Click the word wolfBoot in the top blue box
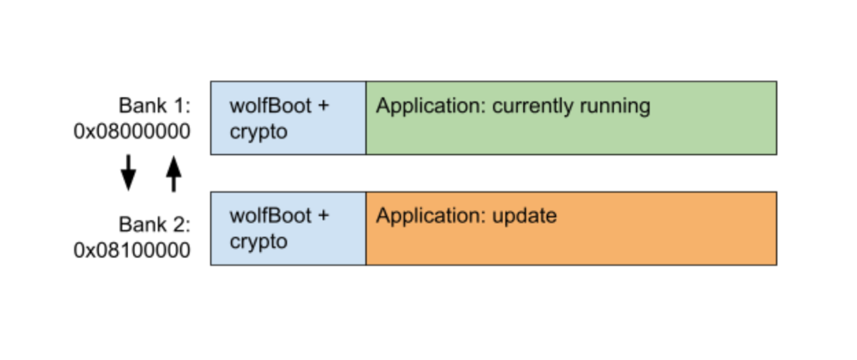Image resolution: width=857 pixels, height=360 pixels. coord(269,106)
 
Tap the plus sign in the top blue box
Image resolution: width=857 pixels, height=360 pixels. coord(323,107)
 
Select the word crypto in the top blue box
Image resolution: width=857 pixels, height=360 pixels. coord(259,132)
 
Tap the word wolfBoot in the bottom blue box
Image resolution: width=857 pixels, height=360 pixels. coord(269,216)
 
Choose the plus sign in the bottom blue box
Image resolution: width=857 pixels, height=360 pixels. coord(323,217)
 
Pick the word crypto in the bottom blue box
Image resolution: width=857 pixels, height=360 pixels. coord(259,242)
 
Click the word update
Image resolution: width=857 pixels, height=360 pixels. coord(524,216)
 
